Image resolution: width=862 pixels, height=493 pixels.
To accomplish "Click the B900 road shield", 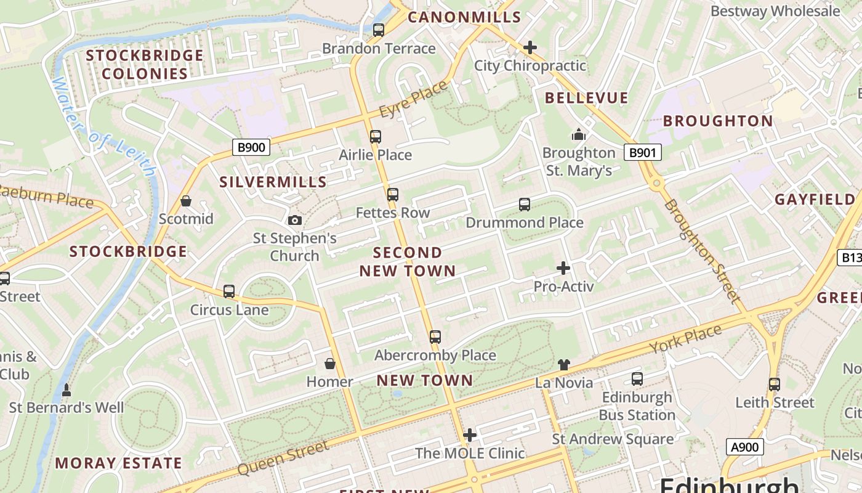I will point(251,147).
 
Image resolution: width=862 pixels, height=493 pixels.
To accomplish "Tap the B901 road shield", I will point(643,152).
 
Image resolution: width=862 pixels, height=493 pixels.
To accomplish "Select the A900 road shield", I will point(745,447).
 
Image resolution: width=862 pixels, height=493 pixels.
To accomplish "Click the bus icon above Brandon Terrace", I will point(379,30).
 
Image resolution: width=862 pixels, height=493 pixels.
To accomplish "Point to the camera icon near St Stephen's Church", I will point(295,220).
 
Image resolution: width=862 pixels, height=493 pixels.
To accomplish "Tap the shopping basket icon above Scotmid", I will point(186,201).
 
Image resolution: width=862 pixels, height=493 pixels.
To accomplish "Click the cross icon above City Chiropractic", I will point(530,47).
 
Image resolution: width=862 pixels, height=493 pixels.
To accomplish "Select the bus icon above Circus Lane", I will point(229,291).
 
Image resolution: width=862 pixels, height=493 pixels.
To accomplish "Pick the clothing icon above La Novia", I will point(563,365).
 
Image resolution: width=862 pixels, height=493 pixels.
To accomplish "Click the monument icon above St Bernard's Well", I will point(66,389).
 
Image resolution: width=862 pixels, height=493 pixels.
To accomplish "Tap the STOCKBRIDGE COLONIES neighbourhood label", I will point(145,65).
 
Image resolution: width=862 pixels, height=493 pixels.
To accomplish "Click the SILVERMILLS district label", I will point(273,182).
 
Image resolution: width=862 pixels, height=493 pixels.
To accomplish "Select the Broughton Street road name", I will point(701,251).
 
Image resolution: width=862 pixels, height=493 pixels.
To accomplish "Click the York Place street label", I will point(685,340).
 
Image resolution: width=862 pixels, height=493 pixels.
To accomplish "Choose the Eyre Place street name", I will point(413,100).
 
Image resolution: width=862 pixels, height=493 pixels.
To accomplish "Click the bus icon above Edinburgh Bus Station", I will point(637,379).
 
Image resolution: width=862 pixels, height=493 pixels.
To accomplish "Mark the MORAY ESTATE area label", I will point(118,463).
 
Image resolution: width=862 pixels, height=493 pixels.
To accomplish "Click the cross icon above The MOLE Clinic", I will point(470,435).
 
